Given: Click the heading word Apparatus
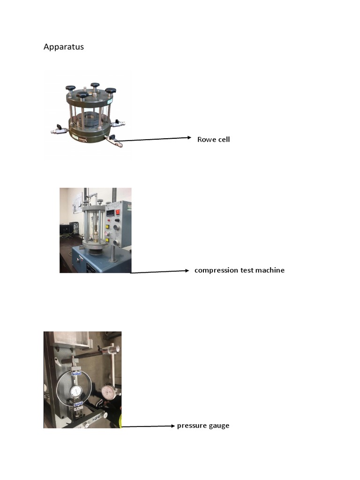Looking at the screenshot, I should coord(63,47).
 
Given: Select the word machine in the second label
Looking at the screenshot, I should coord(270,270).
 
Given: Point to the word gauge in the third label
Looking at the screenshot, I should coord(218,426).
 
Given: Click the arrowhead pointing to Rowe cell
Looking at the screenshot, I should coord(189,138).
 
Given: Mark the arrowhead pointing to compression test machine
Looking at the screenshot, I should coord(186,270).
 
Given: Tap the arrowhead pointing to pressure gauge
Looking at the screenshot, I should coord(172,426).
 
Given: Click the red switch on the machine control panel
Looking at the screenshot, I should coord(117,211).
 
